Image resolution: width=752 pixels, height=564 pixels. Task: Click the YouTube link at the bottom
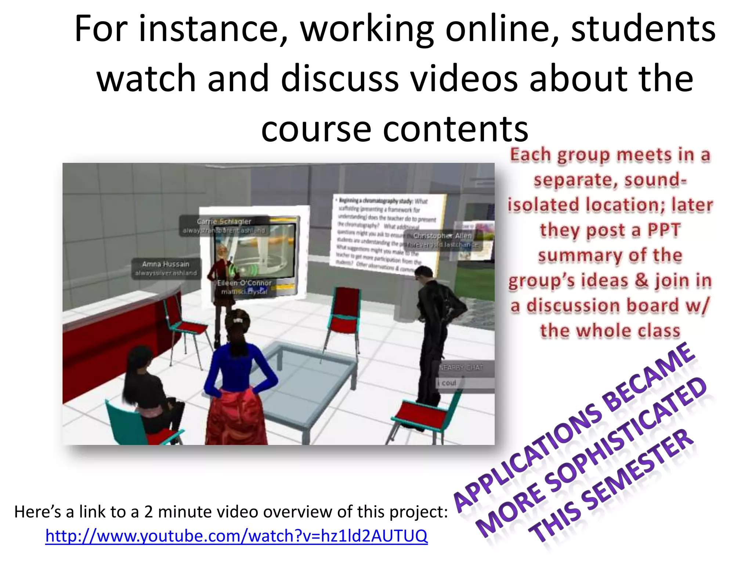tap(236, 536)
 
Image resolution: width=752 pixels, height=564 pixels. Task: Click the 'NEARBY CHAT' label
tap(461, 367)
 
